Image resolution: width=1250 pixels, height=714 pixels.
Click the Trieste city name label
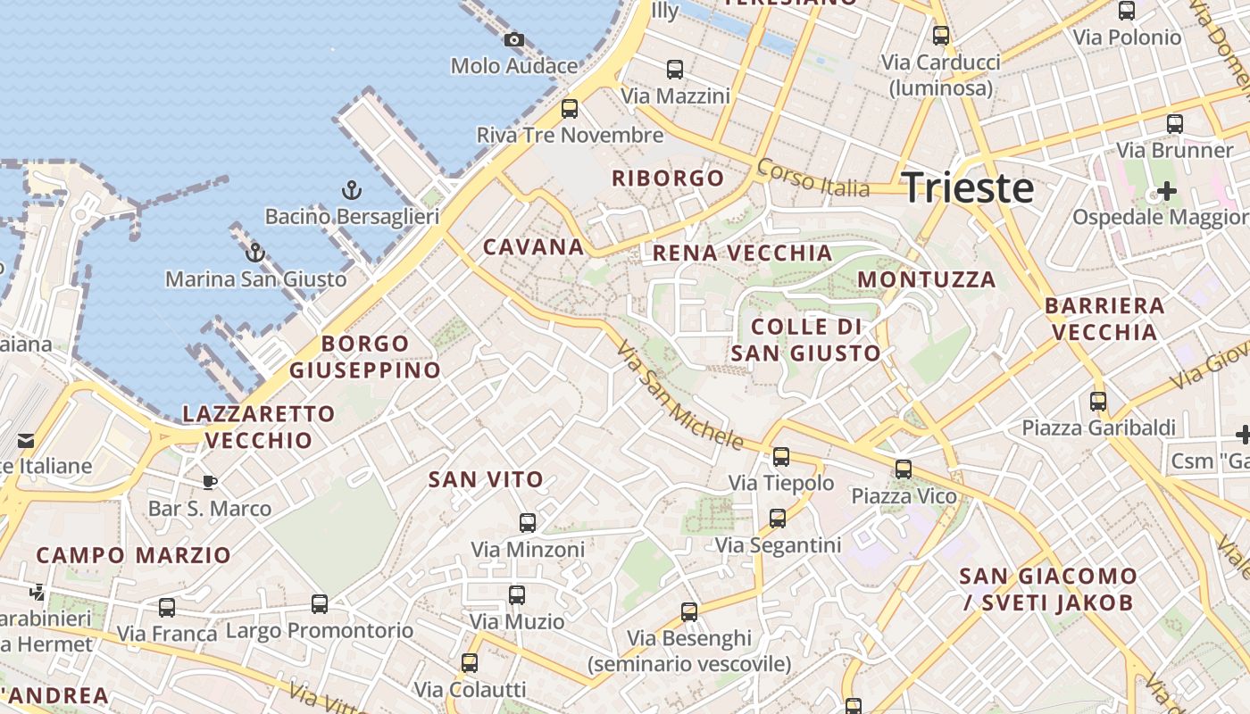point(968,188)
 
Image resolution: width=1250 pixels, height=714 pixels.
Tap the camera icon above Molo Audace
point(513,39)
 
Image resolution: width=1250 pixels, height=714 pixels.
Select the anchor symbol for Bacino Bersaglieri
point(352,189)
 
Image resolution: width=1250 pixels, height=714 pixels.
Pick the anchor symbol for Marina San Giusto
point(255,253)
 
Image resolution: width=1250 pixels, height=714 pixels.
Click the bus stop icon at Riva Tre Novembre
point(569,109)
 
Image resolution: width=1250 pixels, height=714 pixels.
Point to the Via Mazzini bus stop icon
point(675,69)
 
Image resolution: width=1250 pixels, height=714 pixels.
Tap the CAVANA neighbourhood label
point(533,247)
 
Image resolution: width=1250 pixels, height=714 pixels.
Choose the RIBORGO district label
point(668,178)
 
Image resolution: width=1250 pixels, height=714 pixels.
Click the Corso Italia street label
point(812,178)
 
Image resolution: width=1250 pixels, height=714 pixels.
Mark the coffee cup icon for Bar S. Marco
point(210,483)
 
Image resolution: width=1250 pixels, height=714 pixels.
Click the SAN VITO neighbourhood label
point(486,479)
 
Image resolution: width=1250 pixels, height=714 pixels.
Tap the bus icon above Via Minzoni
point(528,522)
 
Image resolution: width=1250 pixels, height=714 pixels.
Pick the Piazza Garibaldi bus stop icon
point(1098,401)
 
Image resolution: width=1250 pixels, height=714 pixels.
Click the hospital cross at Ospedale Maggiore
point(1166,190)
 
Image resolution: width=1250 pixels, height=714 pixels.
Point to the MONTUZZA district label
point(927,279)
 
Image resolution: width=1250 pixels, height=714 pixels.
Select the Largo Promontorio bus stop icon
point(320,603)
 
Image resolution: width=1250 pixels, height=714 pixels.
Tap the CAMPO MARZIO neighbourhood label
point(134,555)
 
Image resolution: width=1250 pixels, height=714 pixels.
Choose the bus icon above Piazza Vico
point(904,469)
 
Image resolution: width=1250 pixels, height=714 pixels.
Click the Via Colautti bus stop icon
point(470,662)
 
